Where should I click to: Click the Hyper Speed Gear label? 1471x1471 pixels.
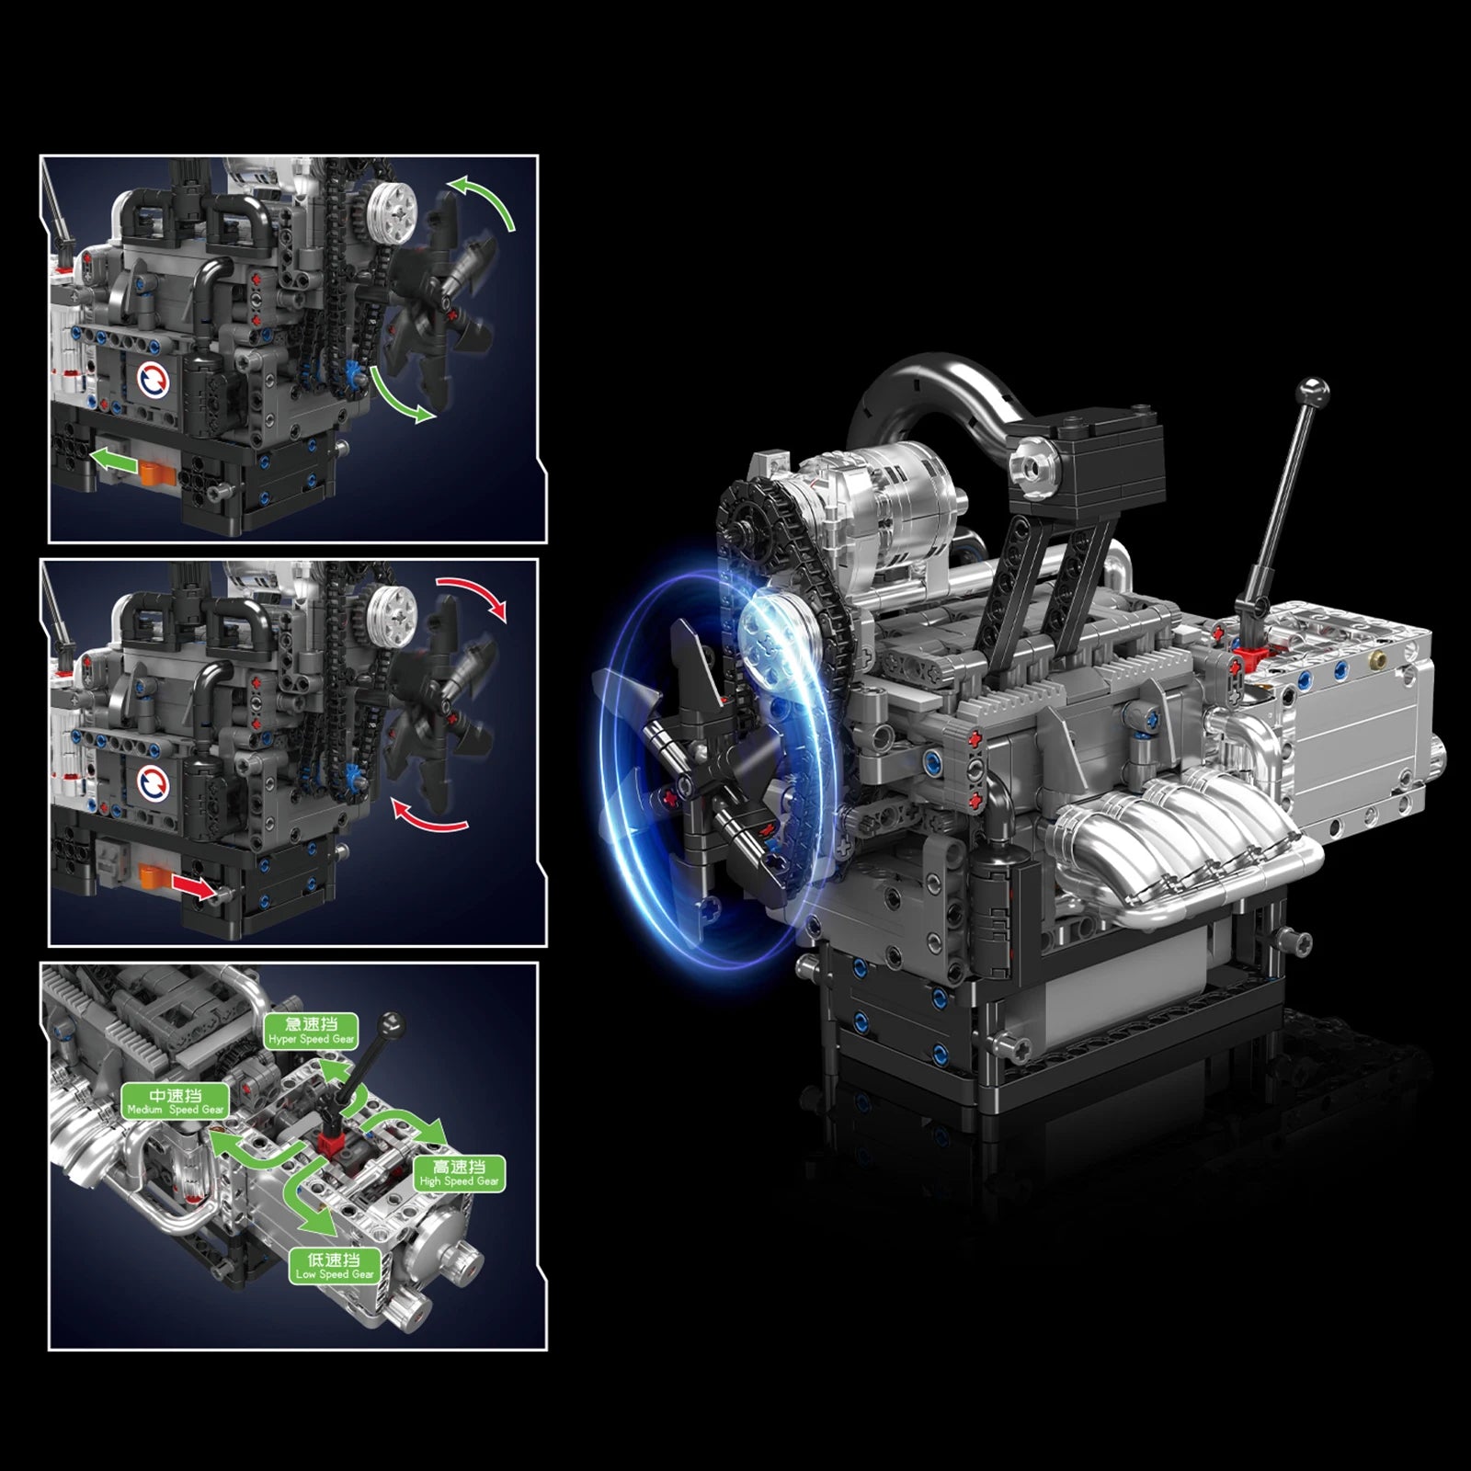(311, 1032)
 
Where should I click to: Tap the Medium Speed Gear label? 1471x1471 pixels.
(175, 1101)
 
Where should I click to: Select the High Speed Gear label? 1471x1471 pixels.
(459, 1174)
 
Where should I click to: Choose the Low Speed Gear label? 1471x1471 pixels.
(335, 1266)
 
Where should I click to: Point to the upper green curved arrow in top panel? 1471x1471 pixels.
(485, 200)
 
